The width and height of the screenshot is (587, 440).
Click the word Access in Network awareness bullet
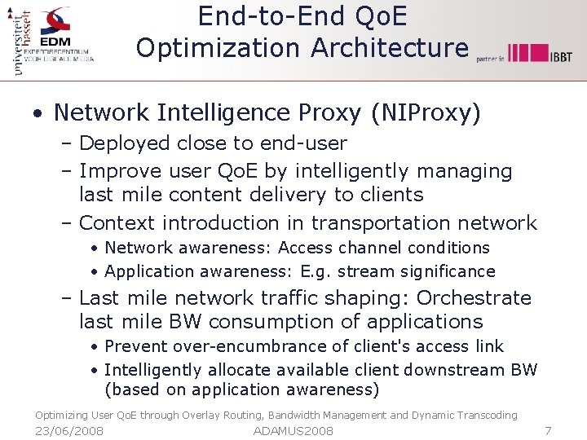pos(306,248)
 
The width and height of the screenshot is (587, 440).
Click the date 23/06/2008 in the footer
pos(69,430)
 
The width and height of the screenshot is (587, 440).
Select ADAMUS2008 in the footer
pos(293,430)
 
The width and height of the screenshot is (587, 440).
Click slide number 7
pos(548,430)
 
